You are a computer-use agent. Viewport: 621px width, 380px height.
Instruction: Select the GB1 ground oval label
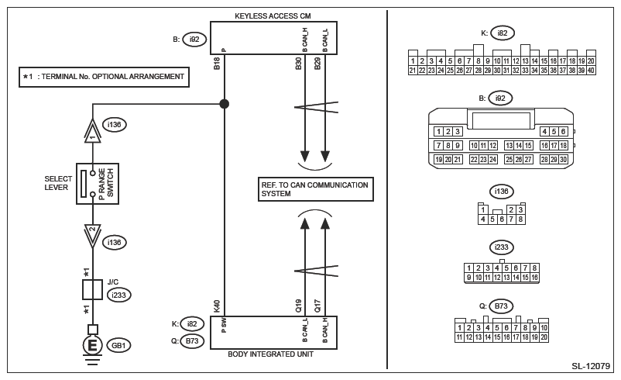[x=120, y=345]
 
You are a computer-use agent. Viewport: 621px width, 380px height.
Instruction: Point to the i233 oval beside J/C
[x=118, y=295]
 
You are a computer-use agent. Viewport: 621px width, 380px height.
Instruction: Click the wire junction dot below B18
[x=225, y=103]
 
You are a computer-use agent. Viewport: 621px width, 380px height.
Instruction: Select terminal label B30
[x=299, y=64]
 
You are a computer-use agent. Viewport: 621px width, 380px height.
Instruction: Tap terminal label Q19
[x=299, y=306]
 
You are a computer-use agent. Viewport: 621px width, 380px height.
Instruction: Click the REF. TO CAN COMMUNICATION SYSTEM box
[x=315, y=188]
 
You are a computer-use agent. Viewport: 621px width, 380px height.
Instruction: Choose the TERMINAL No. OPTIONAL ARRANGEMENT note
[x=104, y=77]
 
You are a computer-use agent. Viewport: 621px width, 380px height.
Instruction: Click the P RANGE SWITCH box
[x=97, y=184]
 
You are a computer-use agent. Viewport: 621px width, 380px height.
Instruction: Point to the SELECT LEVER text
[x=58, y=184]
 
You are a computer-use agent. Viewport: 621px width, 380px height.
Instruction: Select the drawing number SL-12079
[x=591, y=366]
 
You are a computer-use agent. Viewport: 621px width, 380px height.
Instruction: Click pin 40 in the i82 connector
[x=591, y=71]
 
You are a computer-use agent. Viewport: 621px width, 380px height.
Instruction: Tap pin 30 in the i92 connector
[x=563, y=160]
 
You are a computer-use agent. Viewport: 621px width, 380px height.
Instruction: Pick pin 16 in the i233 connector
[x=534, y=277]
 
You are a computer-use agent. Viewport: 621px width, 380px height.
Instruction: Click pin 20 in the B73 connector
[x=544, y=337]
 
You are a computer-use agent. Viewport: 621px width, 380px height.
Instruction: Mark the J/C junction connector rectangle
[x=93, y=290]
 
